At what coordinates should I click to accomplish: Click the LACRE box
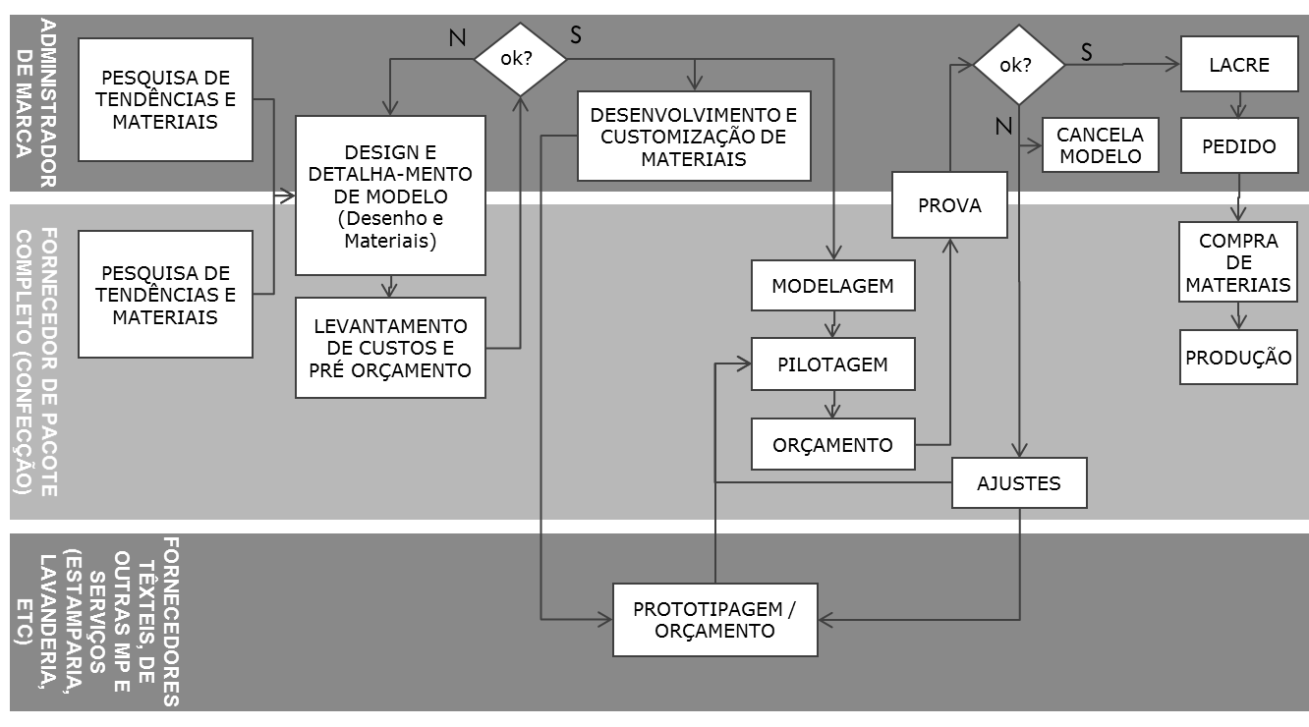[x=1239, y=64]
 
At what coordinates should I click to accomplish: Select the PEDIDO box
[x=1239, y=145]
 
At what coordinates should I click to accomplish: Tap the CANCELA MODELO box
[x=1101, y=145]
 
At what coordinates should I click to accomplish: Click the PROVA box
[x=949, y=204]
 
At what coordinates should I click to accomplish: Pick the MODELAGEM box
[x=832, y=285]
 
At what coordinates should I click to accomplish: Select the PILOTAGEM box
[x=832, y=363]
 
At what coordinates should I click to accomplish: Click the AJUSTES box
[x=1019, y=482]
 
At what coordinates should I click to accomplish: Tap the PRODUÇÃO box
[x=1238, y=357]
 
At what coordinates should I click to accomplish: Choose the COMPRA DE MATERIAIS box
[x=1238, y=261]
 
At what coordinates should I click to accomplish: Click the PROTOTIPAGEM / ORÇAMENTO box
[x=714, y=620]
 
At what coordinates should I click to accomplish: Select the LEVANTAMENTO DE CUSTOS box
[x=390, y=348]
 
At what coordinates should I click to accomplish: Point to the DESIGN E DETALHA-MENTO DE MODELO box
[x=390, y=196]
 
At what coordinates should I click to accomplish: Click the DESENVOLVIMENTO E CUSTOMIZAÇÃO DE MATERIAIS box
[x=694, y=136]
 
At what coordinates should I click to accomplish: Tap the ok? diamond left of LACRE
[x=1018, y=64]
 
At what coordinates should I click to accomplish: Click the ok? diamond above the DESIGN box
[x=520, y=58]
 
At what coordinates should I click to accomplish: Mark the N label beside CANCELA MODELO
[x=1003, y=126]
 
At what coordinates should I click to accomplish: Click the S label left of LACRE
[x=1086, y=52]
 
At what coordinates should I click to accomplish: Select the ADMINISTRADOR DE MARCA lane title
[x=36, y=103]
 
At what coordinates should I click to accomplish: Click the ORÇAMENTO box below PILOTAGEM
[x=832, y=444]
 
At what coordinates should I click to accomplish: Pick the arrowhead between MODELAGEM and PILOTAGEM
[x=832, y=330]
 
